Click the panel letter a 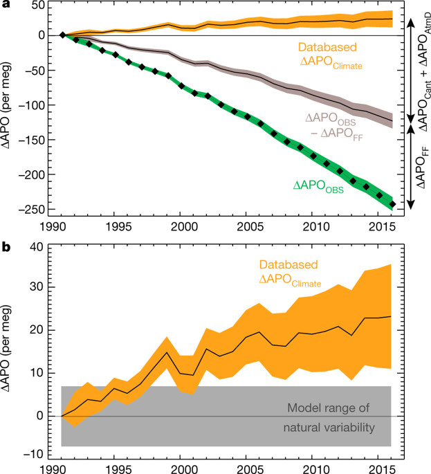click(x=6, y=6)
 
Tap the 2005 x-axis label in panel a click(x=248, y=226)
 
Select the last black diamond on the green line click(x=393, y=204)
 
